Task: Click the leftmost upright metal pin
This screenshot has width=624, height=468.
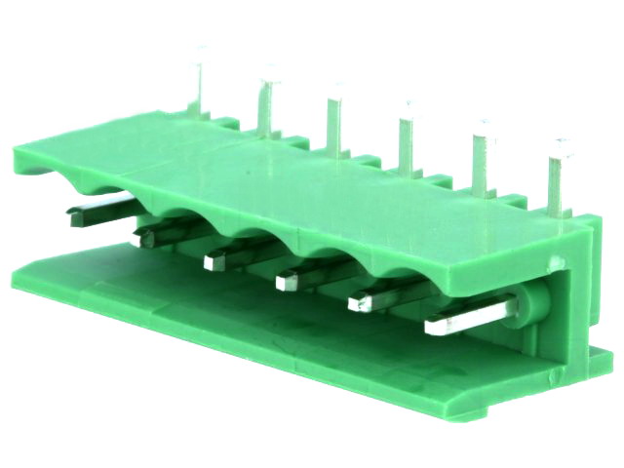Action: tap(201, 83)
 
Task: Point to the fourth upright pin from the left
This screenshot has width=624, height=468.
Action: tap(406, 136)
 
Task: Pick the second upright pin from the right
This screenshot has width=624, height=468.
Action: tap(482, 156)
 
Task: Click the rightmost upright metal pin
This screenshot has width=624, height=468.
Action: tap(557, 175)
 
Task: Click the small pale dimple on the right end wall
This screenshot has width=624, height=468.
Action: tap(557, 262)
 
